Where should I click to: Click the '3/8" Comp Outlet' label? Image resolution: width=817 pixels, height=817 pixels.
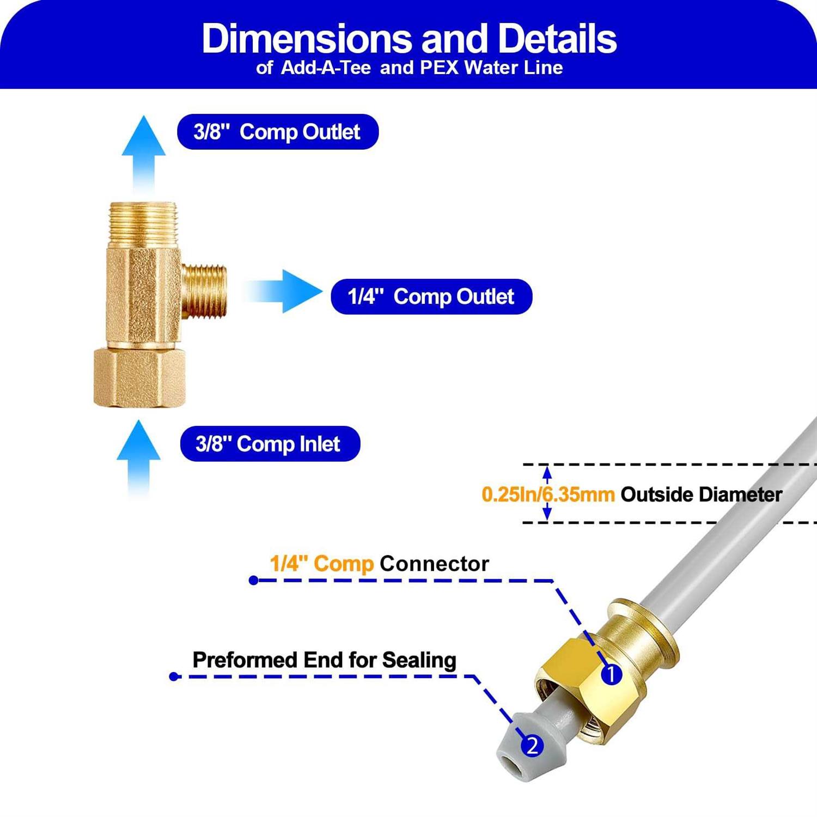277,132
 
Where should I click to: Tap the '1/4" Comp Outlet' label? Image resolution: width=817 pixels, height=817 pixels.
431,297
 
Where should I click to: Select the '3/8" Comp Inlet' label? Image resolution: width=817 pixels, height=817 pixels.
270,444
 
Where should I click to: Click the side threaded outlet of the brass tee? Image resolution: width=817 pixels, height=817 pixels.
204,291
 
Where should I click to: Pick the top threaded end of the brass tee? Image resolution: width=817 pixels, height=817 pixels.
143,223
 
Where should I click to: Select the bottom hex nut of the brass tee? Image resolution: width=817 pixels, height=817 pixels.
139,378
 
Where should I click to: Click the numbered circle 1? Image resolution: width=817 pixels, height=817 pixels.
611,674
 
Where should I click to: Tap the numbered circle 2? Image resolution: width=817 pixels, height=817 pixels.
532,746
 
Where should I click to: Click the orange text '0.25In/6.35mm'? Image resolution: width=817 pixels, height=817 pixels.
548,495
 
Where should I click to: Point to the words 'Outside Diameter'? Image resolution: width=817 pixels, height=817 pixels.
701,495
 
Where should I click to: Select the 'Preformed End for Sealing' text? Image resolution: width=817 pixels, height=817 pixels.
324,660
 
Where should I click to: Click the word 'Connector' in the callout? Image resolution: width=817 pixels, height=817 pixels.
434,564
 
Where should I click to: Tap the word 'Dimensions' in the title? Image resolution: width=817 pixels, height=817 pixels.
307,39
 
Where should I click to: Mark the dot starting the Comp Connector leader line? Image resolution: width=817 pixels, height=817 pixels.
253,581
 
